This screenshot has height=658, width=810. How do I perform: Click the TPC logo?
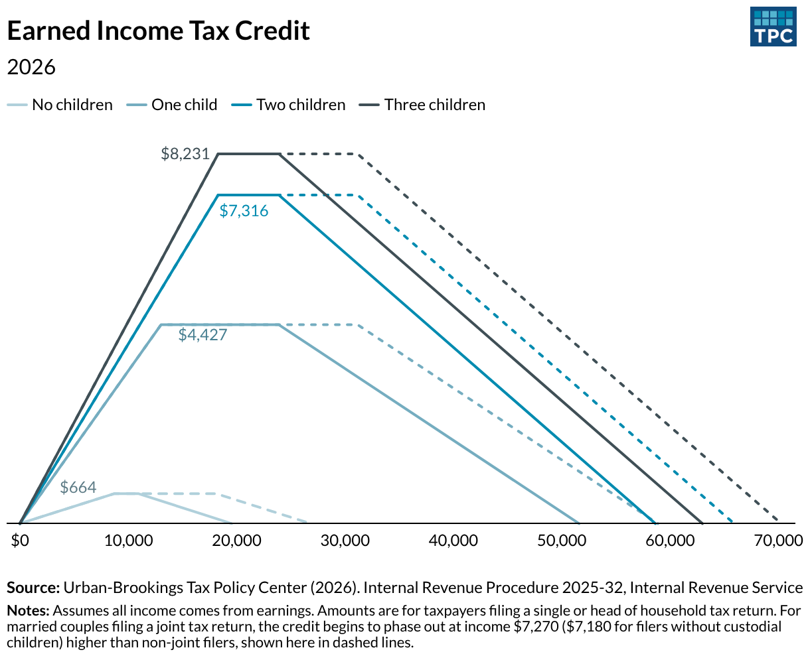(773, 27)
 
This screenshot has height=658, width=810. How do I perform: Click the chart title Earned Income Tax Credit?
(158, 31)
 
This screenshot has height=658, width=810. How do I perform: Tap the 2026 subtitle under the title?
(31, 67)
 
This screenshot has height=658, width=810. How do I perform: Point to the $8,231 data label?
(185, 155)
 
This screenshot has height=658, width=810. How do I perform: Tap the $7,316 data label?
(244, 212)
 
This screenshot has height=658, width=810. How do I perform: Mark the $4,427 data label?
(202, 335)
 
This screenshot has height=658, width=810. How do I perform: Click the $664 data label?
(78, 488)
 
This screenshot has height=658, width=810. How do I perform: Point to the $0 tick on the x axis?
(21, 541)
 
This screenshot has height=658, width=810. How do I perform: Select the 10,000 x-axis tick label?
(128, 541)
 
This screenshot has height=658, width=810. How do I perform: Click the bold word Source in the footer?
(32, 588)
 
